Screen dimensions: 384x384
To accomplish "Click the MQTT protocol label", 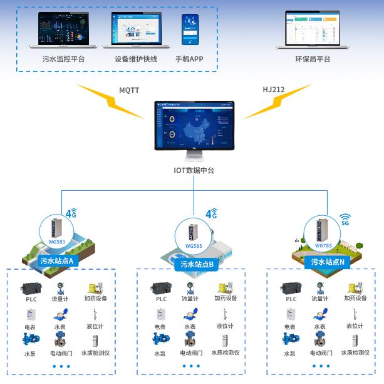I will pos(129,90).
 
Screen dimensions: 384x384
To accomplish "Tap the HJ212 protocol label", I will pos(273,90).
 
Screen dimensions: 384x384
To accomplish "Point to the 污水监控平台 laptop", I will pos(63,29).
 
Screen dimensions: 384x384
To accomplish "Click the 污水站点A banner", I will pos(58,261).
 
